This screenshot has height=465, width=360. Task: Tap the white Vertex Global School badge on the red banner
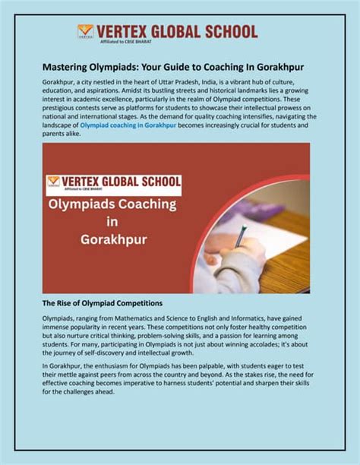click(x=113, y=185)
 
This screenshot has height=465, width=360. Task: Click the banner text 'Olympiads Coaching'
click(x=112, y=206)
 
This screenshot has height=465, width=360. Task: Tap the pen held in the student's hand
click(x=242, y=236)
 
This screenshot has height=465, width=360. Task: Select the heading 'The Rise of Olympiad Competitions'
click(x=102, y=303)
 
